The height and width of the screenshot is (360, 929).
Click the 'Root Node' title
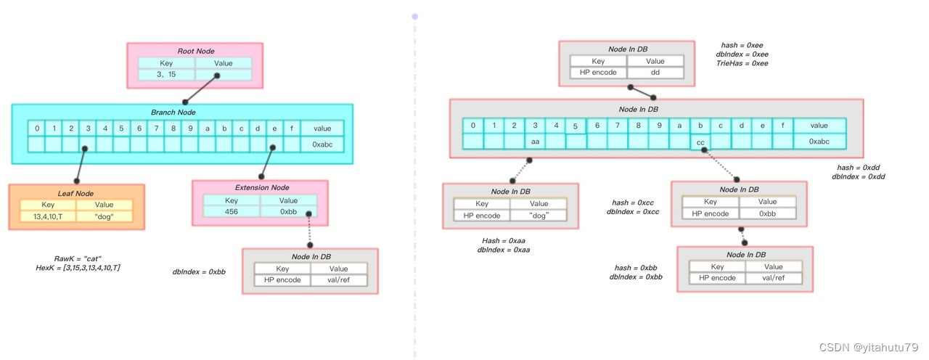(195, 51)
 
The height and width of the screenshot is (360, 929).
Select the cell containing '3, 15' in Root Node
(166, 75)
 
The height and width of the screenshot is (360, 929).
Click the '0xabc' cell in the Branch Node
(322, 144)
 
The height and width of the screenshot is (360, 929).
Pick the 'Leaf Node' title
(75, 193)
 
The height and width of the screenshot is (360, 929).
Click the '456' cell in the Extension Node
(231, 212)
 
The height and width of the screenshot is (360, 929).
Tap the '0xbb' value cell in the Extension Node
(288, 212)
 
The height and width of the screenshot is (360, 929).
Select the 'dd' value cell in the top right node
(655, 73)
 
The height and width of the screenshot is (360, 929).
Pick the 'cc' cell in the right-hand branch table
(700, 143)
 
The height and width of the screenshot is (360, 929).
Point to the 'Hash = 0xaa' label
(503, 240)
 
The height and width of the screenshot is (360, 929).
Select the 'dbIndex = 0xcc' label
(632, 212)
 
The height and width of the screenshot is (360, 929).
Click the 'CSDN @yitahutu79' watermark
(869, 347)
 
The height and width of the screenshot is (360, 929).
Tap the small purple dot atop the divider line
(414, 15)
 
